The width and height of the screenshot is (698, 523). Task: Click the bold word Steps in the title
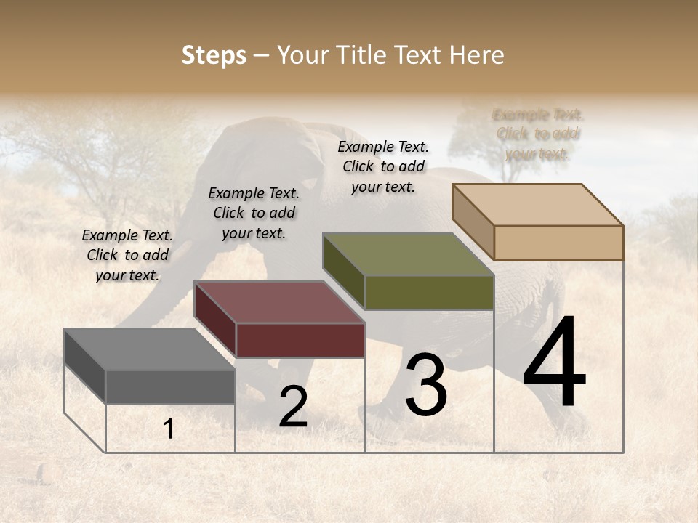(x=214, y=55)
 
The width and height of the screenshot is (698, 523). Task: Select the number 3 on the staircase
(x=426, y=384)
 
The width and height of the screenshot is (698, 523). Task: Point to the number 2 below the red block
(x=293, y=408)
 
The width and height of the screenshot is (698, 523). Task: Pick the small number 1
(x=169, y=429)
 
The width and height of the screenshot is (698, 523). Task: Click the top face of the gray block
(x=150, y=349)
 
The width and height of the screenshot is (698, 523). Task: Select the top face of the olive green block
(x=408, y=254)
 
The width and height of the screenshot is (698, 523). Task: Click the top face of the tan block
(x=537, y=205)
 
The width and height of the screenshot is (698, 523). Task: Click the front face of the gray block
(x=171, y=387)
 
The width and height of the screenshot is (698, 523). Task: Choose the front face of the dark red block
(x=300, y=340)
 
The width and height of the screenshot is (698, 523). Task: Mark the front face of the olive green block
(x=429, y=292)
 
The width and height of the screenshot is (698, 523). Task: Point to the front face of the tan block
(x=558, y=243)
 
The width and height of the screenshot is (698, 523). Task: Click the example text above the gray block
(x=127, y=255)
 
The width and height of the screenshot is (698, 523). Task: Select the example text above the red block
(x=254, y=213)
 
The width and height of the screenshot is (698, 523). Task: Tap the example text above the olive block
(x=383, y=166)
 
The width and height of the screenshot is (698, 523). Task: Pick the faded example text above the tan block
(x=538, y=134)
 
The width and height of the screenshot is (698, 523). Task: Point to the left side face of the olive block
(x=343, y=272)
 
